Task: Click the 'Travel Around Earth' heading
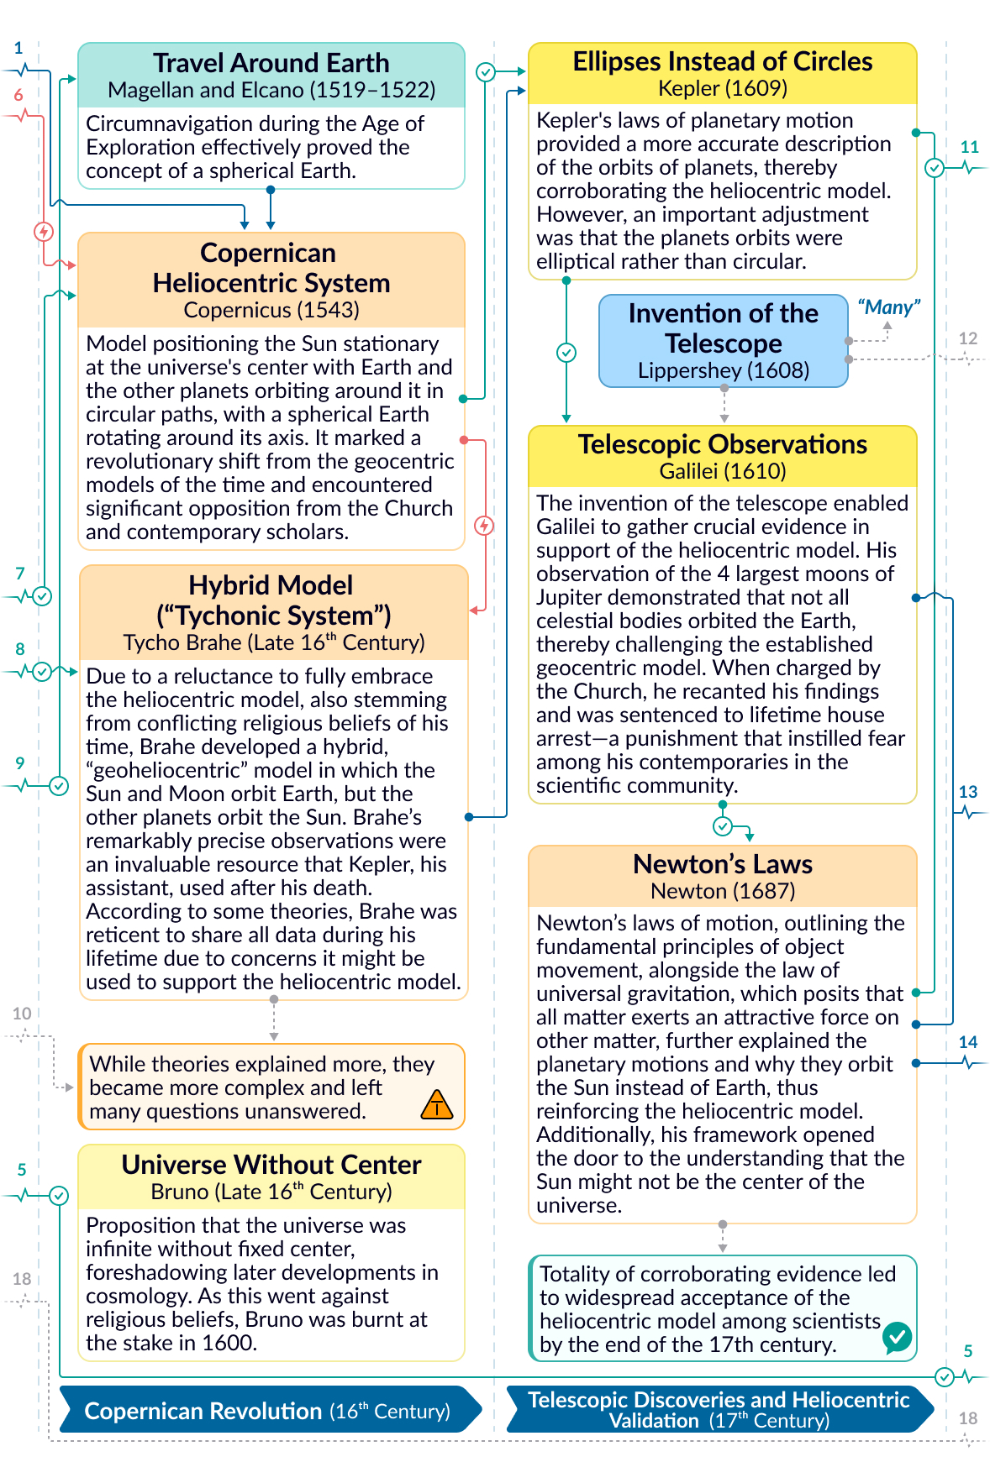271,63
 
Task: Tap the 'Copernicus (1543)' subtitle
271,310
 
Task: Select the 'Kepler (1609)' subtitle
722,88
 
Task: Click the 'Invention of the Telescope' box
723,340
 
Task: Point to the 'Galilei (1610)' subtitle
722,471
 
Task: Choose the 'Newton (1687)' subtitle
722,891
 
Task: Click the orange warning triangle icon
436,1105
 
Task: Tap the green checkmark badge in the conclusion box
897,1336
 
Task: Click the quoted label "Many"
888,307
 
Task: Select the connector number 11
969,147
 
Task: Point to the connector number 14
967,1042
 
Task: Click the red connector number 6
18,95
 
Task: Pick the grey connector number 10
22,1014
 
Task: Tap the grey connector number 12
967,338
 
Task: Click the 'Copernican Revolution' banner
267,1411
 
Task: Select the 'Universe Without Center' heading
271,1165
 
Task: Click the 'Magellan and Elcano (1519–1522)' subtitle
271,90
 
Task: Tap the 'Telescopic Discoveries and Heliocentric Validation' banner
719,1410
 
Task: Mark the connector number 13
967,792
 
